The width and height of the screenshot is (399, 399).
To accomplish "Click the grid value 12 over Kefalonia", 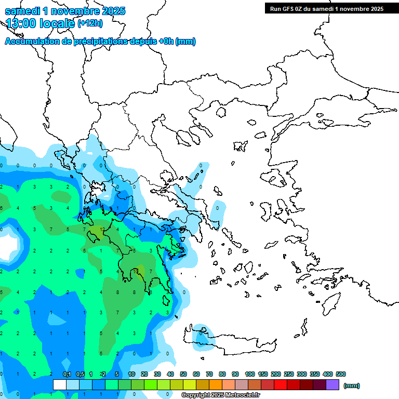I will click(x=103, y=229).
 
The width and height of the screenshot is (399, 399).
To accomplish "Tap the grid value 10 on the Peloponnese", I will click(x=135, y=271).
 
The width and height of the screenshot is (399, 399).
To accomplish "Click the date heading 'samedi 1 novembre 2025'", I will click(x=65, y=11).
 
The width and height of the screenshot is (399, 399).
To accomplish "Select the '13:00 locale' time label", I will click(x=40, y=23).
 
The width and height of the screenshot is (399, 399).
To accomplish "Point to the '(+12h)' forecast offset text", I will click(x=90, y=23).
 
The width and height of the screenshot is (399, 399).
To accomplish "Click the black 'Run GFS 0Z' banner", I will click(x=324, y=8).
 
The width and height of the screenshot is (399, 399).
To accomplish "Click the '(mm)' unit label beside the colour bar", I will click(x=352, y=385).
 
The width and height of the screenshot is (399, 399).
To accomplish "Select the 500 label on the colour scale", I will click(x=340, y=374).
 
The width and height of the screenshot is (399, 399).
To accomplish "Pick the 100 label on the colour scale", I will click(x=249, y=374).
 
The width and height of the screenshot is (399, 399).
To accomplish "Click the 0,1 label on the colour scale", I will click(x=67, y=374).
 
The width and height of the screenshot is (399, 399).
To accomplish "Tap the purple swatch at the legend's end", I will click(x=332, y=385).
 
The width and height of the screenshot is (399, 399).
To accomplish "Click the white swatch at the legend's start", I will click(x=60, y=385).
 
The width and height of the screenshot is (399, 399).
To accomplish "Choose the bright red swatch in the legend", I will click(x=281, y=385).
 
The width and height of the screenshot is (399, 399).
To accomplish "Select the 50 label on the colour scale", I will click(x=183, y=374).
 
